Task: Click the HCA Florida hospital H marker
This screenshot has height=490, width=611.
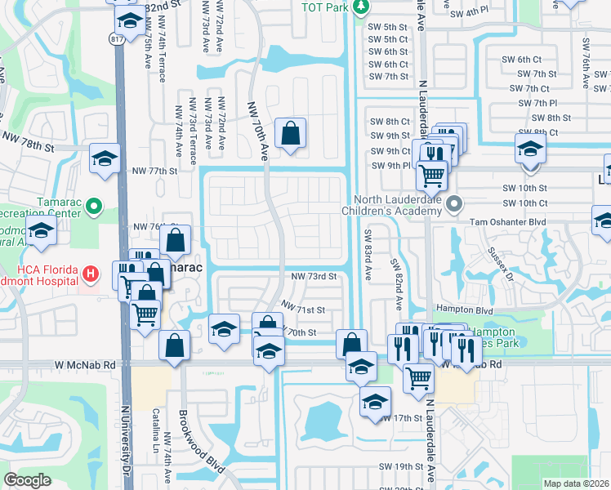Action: [91, 272]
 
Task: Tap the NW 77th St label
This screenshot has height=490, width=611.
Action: [154, 171]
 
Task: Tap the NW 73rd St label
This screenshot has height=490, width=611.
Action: [314, 277]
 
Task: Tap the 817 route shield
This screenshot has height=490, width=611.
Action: [116, 38]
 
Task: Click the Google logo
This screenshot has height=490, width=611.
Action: [27, 480]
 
